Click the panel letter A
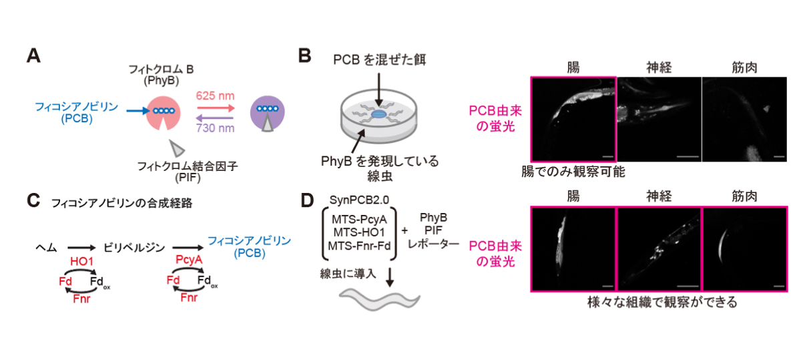pos(33,56)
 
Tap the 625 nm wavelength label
pos(214,95)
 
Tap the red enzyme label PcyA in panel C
pos(184,258)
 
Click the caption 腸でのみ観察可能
pos(573,171)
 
